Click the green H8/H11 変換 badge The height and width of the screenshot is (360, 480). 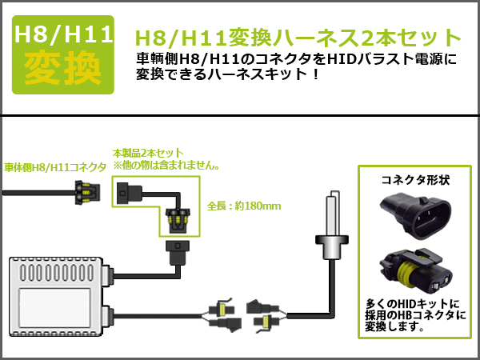(62, 54)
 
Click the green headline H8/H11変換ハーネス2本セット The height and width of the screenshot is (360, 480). (298, 38)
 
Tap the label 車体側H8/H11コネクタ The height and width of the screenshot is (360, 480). (55, 167)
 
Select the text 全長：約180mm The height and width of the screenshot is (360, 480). (244, 206)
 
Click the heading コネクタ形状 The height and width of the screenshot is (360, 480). (415, 180)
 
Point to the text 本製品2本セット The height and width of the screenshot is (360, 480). (148, 153)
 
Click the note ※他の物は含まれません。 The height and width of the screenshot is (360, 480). (166, 166)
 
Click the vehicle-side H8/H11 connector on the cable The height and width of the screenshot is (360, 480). (87, 193)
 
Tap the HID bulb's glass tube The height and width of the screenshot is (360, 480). (332, 213)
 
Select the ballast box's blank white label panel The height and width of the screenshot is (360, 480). (55, 303)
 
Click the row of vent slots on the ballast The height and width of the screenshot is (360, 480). (57, 272)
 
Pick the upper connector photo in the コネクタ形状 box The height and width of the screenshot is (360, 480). (416, 215)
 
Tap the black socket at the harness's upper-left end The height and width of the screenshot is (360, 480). (129, 193)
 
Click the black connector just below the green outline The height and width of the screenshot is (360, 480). (178, 252)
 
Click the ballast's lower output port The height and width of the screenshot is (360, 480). (108, 316)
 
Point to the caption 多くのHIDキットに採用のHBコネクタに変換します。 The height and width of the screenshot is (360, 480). (415, 316)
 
